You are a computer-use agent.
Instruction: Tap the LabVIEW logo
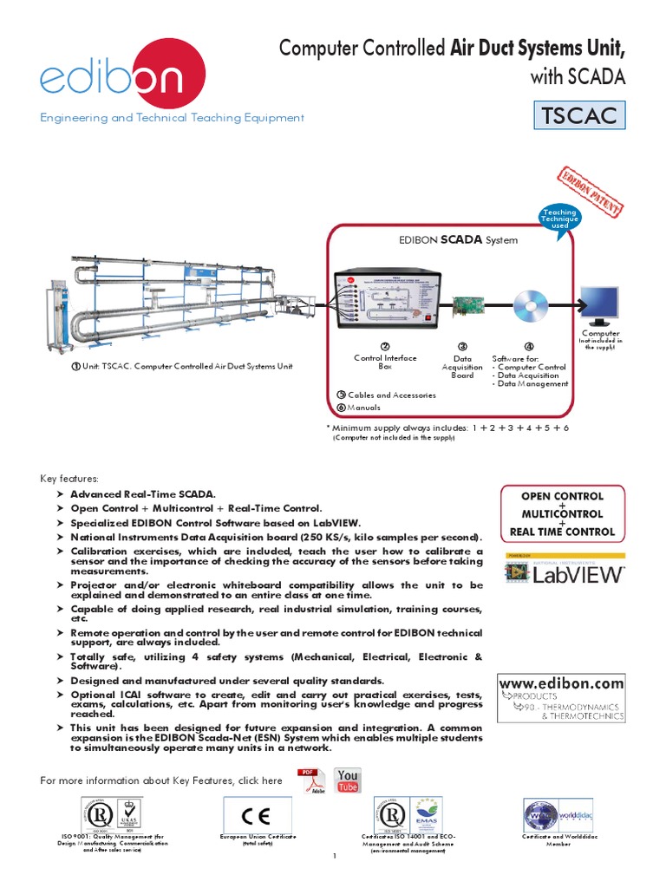(565, 573)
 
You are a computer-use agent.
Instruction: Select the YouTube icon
(348, 780)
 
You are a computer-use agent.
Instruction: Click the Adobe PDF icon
(310, 780)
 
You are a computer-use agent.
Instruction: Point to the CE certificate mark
(258, 815)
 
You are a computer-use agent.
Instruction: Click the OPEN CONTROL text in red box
(562, 497)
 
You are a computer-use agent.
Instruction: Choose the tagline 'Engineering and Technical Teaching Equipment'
(172, 117)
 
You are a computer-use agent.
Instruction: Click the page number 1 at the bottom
(333, 857)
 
